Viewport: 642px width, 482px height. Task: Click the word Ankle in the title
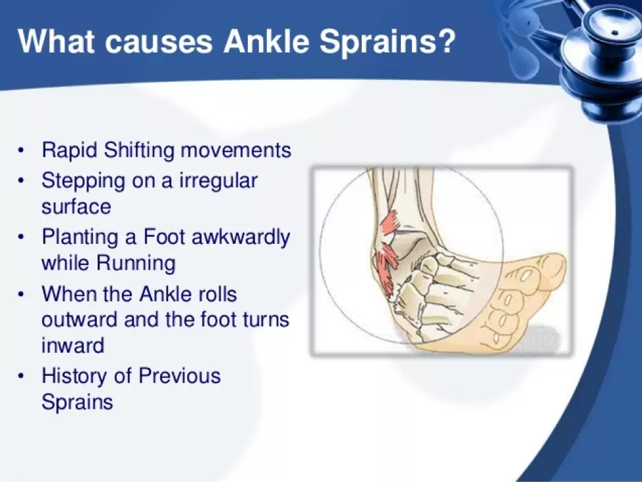point(266,42)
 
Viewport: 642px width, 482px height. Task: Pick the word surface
point(76,206)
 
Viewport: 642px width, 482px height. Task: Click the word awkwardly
point(241,238)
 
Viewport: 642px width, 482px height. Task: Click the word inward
point(73,346)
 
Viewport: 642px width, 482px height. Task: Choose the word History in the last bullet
point(74,377)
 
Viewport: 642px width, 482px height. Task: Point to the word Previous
point(180,376)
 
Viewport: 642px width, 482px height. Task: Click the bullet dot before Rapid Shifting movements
point(20,150)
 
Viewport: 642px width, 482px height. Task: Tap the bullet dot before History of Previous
point(20,376)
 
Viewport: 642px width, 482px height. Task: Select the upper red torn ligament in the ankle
point(391,223)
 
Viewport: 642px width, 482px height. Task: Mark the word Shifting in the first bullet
point(139,150)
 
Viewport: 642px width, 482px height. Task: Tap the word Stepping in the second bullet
point(83,181)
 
